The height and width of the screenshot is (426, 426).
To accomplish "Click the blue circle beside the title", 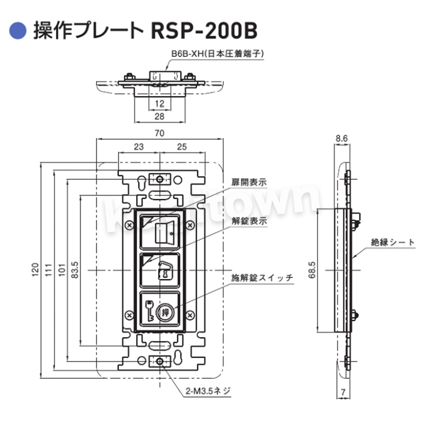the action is (18, 31).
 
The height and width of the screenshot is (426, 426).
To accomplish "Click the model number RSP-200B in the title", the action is (204, 31).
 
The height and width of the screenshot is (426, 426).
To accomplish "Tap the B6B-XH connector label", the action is (218, 54).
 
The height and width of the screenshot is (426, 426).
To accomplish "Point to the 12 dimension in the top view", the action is (160, 103).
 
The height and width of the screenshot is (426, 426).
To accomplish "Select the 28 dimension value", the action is (160, 116).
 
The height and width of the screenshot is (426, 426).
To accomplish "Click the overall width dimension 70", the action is (160, 133).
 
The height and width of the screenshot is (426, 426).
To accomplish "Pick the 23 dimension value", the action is (138, 147).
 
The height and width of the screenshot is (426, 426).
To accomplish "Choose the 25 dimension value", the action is (182, 147).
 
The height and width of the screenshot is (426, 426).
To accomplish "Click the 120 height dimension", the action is (35, 270).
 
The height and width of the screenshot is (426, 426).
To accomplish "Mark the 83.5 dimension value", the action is (75, 270).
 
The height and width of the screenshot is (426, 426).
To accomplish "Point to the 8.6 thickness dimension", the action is (342, 138).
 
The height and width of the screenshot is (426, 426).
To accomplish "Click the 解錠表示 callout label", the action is (249, 221).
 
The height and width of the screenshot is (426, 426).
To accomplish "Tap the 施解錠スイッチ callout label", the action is (262, 278).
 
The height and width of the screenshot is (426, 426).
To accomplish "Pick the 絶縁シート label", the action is (393, 242).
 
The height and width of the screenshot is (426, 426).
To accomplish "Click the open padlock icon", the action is (165, 271).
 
